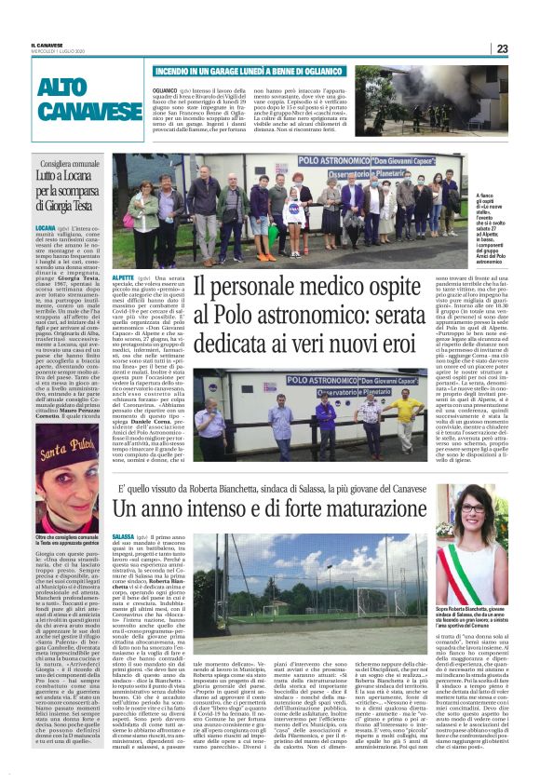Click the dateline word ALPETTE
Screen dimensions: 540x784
coord(123,278)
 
